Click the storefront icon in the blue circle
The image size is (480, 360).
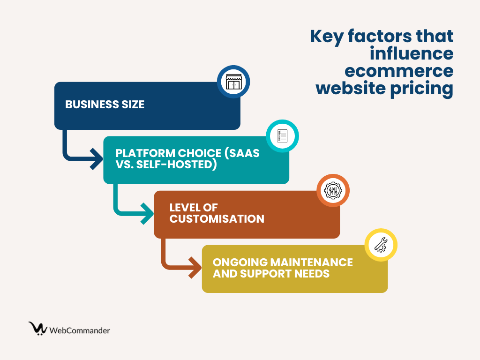click(x=233, y=82)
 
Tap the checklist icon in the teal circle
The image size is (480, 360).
click(x=282, y=136)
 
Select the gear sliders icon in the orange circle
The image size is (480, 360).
click(x=333, y=190)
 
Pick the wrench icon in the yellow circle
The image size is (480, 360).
click(x=381, y=245)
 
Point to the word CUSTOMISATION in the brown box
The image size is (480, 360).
click(x=217, y=218)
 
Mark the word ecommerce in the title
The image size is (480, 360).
click(x=398, y=71)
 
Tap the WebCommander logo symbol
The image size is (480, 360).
click(x=37, y=328)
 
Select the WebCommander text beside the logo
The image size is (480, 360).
click(x=80, y=330)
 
